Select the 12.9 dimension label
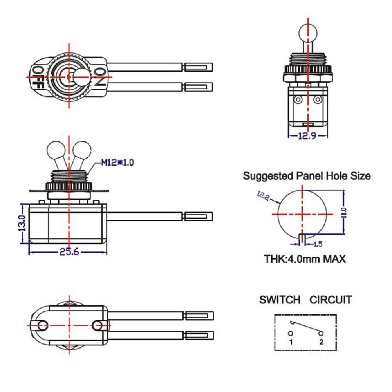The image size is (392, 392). (308, 135)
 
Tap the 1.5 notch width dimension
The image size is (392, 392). (318, 244)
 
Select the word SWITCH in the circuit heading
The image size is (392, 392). (280, 300)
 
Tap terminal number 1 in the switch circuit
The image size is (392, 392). (291, 342)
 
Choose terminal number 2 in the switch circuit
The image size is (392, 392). (321, 342)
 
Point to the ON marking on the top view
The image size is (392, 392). (99, 76)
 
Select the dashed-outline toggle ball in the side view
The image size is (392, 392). (81, 149)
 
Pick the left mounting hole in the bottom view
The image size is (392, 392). (43, 325)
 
